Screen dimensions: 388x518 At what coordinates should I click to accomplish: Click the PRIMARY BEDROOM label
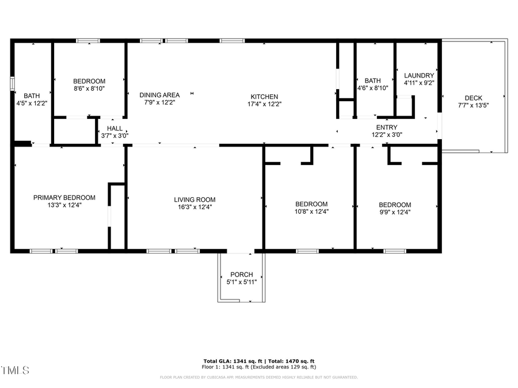[64, 197]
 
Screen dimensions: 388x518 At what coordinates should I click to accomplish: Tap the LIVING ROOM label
[195, 199]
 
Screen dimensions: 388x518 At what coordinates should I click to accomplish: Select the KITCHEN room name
[264, 97]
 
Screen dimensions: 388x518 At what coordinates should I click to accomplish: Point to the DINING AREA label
[159, 95]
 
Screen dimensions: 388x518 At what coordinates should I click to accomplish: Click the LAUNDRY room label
[419, 75]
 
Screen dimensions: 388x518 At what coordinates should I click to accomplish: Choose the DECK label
[473, 98]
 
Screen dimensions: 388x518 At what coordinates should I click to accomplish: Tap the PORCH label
[241, 274]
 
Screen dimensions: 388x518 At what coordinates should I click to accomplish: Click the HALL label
[115, 129]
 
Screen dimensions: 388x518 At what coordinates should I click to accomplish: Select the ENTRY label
[386, 128]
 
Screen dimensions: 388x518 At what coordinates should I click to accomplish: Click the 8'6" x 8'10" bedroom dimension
[89, 89]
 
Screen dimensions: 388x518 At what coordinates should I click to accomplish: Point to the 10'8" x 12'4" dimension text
[311, 212]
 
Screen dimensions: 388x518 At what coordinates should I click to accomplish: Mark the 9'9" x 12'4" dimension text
[394, 212]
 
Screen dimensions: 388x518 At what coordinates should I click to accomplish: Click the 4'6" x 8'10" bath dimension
[372, 88]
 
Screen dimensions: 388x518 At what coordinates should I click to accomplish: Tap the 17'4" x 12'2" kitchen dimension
[264, 104]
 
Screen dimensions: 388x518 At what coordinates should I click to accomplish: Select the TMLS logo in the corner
[15, 370]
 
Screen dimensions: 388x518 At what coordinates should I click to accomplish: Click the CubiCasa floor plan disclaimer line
[258, 378]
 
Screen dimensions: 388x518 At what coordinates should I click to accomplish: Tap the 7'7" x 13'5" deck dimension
[473, 105]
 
